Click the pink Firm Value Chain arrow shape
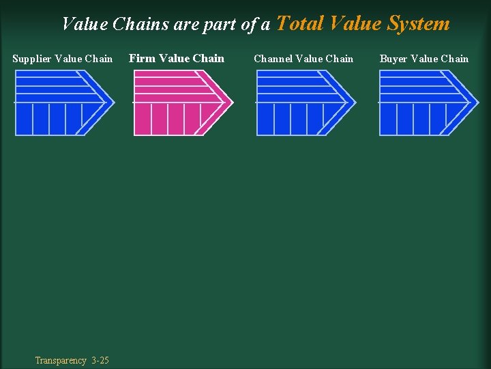[x=177, y=103]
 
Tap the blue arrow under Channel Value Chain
[x=300, y=103]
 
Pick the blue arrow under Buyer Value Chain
[x=419, y=103]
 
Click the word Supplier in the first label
[x=31, y=59]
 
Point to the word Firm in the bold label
[x=142, y=58]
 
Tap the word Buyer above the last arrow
[x=393, y=59]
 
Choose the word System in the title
[x=418, y=23]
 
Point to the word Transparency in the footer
[x=61, y=360]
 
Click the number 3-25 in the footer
[x=100, y=360]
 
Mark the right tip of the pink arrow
[x=232, y=102]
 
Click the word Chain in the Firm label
[x=209, y=58]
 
